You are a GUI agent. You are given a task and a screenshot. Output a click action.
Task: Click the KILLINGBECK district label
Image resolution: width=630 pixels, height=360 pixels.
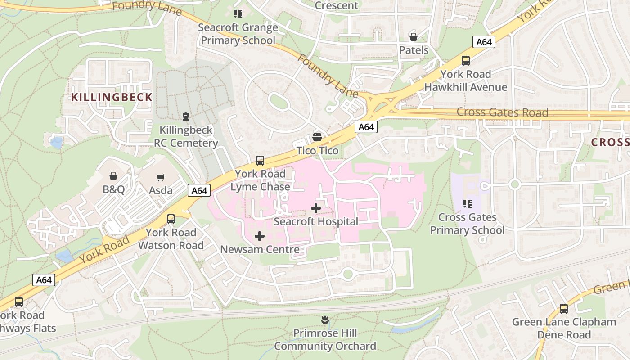pos(112,97)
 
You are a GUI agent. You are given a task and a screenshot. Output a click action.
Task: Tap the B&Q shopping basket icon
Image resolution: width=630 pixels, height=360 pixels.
pos(113,176)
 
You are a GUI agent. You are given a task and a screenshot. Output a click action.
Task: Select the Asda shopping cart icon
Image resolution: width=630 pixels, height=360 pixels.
pos(161,177)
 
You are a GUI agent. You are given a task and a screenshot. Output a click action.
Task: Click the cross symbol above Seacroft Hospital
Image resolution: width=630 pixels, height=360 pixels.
pos(316,208)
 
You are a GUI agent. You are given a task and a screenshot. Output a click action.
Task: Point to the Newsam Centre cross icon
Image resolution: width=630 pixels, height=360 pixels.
pos(260,236)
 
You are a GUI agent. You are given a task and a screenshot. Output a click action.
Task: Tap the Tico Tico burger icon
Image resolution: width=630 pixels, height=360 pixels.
pos(317,137)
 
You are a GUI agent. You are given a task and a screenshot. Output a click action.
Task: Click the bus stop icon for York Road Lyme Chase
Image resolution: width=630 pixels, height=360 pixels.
pos(260,160)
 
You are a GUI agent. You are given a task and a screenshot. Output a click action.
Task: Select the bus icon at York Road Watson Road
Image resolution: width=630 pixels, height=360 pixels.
pos(171,219)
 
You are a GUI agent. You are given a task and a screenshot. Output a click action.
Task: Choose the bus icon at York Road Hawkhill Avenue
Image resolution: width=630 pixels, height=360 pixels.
pos(466,60)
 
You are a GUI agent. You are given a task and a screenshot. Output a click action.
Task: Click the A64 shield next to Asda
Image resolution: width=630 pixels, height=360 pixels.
pos(199,191)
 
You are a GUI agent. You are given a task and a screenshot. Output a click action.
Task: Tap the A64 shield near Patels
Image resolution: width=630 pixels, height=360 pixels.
pos(484,42)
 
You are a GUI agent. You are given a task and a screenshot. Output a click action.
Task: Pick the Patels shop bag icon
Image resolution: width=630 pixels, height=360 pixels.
pos(413,37)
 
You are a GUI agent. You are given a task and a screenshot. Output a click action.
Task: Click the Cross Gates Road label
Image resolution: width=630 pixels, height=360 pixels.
pos(502,112)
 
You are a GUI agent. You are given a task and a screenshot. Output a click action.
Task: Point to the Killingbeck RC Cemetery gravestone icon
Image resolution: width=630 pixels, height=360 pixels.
pos(185,117)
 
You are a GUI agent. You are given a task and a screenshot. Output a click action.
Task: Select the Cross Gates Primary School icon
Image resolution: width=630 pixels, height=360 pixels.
pos(467,204)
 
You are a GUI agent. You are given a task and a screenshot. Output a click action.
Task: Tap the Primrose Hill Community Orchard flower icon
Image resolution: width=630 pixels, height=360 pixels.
pos(325,320)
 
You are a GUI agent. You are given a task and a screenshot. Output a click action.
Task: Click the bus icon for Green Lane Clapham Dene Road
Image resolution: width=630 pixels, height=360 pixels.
pos(563,309)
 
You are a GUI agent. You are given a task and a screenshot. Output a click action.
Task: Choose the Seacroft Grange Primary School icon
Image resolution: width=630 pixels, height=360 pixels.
pos(238,14)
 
